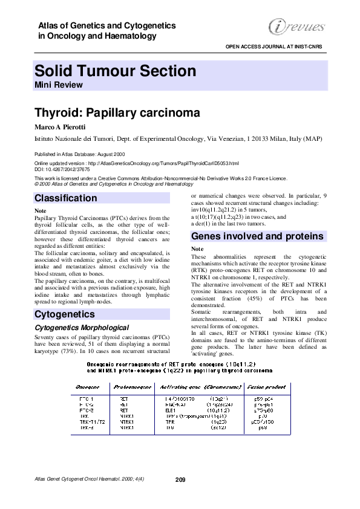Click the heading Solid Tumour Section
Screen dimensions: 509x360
[116, 71]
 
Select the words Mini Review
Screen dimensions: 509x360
[59, 85]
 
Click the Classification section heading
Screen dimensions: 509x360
[66, 198]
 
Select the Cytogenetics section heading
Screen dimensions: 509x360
[65, 314]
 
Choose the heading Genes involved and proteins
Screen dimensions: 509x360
[257, 236]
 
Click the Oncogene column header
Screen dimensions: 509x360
[87, 385]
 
